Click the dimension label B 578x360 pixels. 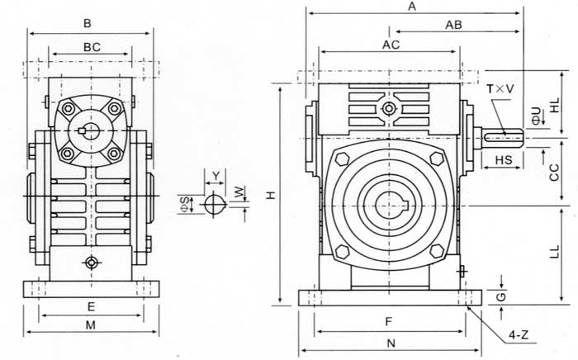tap(88, 22)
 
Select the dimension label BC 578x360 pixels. tap(92, 48)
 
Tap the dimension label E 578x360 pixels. tap(91, 306)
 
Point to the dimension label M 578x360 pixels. tap(91, 325)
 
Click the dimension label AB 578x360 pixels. tap(453, 26)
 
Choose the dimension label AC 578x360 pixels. tap(391, 45)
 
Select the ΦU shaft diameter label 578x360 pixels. tap(536, 116)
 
